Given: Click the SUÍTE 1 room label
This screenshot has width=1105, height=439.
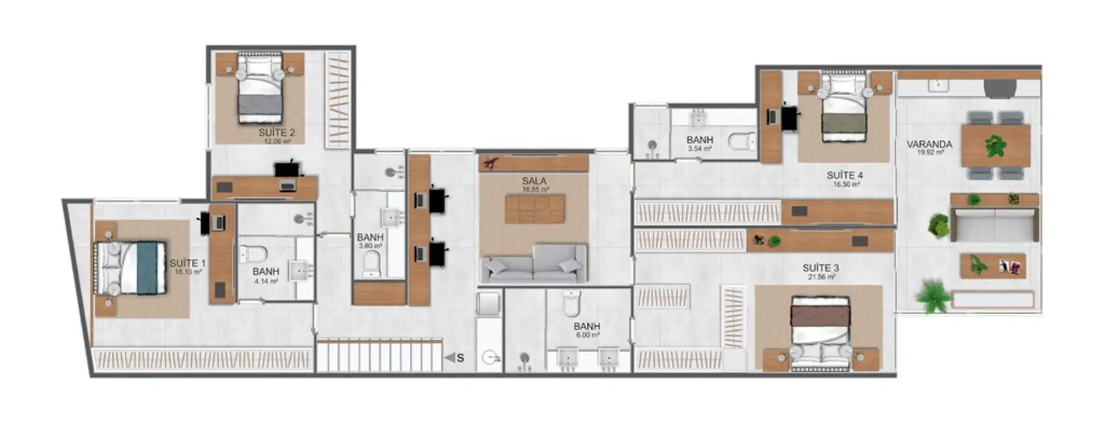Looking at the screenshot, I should point(183,263).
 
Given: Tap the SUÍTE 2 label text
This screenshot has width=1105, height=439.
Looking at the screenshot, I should point(276,133).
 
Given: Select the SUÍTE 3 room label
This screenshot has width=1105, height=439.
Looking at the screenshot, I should point(820,268).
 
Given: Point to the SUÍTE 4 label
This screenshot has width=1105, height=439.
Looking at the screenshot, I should point(844,176).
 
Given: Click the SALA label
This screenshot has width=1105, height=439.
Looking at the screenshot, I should point(534,181).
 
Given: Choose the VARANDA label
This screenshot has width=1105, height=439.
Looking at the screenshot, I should point(929,145).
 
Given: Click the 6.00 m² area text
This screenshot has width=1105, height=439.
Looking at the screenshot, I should point(587,335).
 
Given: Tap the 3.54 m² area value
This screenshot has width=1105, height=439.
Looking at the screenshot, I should point(699,149).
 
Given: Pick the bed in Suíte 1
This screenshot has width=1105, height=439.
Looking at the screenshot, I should point(132,269).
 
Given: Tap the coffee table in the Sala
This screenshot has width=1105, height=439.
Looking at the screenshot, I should point(533,209).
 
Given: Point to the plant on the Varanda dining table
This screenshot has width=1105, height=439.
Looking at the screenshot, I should point(995,144).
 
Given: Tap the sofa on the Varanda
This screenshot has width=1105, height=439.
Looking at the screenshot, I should point(993,224).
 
